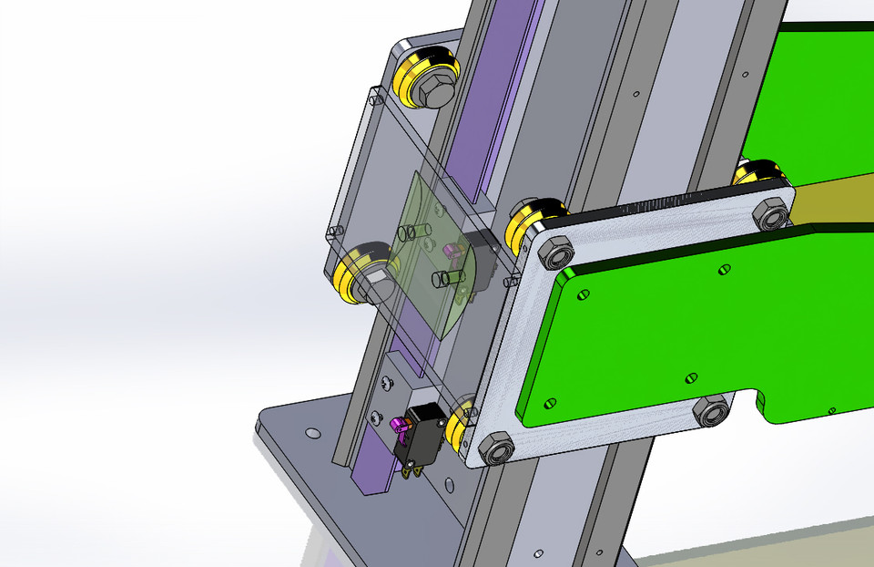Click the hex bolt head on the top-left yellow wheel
coord(433,88)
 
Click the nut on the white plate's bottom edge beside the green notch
coord(711,413)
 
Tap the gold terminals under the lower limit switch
coord(411,469)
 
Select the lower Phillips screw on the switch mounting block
coord(374,418)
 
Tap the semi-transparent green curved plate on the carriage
coord(437,264)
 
